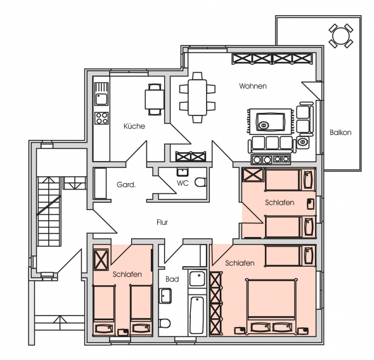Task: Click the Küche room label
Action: (134, 126)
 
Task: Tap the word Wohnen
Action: (253, 86)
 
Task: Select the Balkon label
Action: (340, 132)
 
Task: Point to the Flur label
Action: (162, 222)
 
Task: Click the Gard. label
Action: (126, 185)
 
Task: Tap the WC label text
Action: (183, 183)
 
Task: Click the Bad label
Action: (172, 279)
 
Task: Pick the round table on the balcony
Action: (341, 36)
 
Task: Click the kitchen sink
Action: (101, 99)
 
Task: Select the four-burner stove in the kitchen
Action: (101, 119)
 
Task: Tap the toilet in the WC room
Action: (200, 183)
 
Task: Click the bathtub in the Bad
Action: (197, 315)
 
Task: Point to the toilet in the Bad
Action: (165, 323)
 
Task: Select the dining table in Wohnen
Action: (197, 98)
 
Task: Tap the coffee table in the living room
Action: (271, 122)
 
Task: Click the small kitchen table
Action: (155, 100)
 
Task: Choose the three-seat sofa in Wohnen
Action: (272, 145)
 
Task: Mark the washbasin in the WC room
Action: (183, 172)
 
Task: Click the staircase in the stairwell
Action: (49, 211)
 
